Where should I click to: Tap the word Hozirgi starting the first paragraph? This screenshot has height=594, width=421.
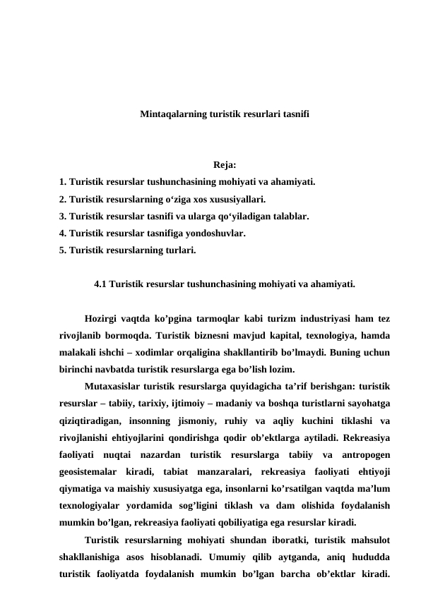100,318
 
